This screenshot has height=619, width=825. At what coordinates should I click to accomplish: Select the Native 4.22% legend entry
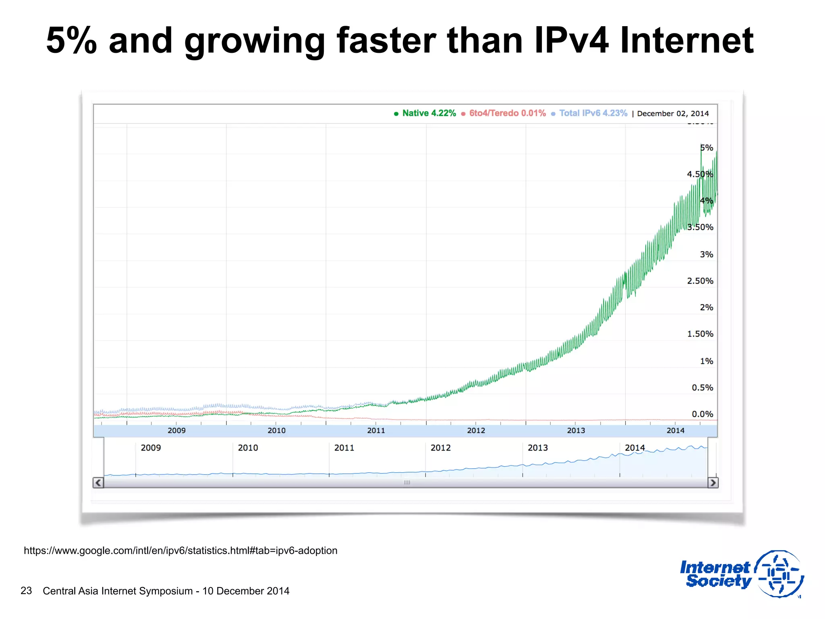429,113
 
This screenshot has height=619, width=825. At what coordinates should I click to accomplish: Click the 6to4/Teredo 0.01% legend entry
507,113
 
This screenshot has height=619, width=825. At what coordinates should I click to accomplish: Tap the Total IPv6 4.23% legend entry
593,113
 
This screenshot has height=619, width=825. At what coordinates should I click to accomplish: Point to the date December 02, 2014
673,114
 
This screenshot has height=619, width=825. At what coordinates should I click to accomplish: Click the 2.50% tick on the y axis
700,281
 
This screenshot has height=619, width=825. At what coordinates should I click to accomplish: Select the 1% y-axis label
706,361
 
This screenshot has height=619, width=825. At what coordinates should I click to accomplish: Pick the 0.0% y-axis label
702,414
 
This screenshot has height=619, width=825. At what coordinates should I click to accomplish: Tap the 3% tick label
706,254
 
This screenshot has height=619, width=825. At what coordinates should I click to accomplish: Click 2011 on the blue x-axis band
376,430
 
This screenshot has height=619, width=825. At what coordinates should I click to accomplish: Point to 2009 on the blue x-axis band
176,430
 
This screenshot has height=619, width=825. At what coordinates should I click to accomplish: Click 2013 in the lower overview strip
538,448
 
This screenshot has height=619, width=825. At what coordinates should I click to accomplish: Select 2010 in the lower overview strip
248,448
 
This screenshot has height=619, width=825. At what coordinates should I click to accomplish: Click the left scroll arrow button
98,482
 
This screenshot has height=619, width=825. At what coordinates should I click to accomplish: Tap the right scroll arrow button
713,482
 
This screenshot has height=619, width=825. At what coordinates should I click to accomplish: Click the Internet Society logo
741,574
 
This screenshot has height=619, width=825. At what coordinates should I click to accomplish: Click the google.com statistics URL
180,550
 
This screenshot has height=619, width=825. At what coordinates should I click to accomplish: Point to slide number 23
26,591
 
